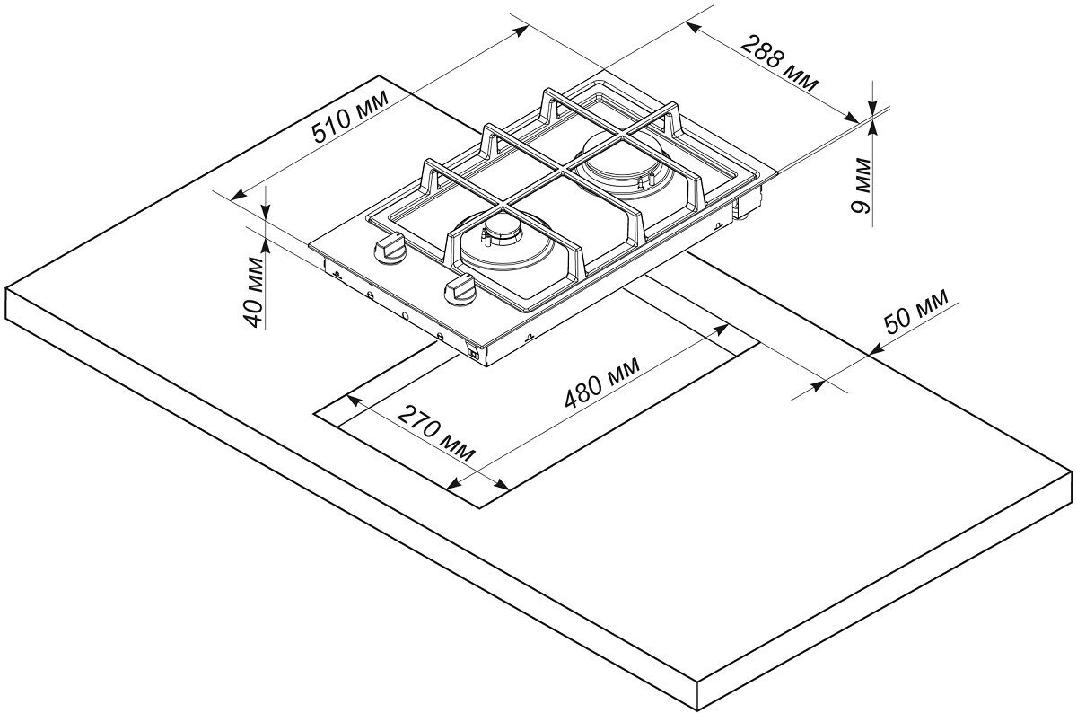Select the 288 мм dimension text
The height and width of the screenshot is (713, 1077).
click(781, 64)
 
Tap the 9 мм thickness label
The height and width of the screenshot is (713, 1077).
click(862, 184)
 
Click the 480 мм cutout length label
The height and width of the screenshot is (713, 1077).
click(601, 383)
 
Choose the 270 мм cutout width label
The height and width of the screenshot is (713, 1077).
click(437, 434)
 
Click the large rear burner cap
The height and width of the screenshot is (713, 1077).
click(619, 162)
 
